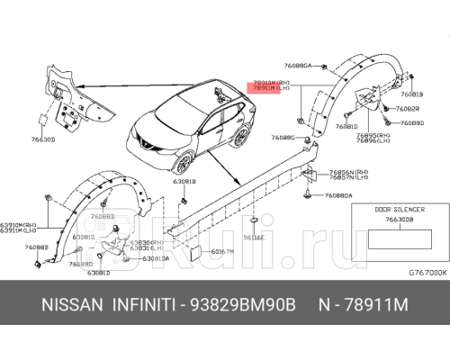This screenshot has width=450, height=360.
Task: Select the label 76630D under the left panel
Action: [x=42, y=139]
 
